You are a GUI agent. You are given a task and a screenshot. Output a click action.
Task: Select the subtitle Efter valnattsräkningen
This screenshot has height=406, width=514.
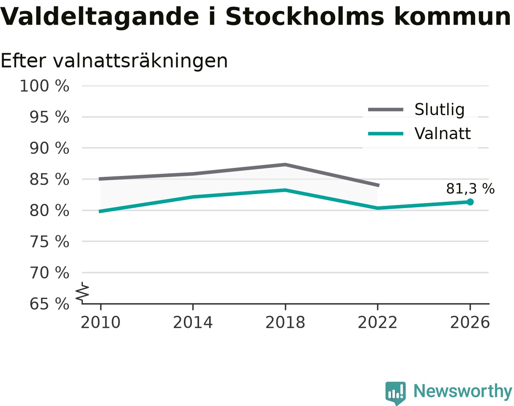(x=114, y=61)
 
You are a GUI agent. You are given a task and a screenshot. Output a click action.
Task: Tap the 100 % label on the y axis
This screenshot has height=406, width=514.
(x=45, y=86)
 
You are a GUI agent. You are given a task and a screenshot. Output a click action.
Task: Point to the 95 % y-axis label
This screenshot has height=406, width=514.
(x=49, y=117)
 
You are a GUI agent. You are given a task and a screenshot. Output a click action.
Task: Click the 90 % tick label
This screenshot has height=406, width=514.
(x=49, y=148)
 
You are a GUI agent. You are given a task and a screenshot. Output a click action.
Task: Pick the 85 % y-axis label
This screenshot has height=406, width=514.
(x=49, y=179)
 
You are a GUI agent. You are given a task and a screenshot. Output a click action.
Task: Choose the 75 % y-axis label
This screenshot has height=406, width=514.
(x=49, y=242)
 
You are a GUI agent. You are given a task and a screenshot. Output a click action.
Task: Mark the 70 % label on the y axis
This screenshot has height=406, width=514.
(x=49, y=273)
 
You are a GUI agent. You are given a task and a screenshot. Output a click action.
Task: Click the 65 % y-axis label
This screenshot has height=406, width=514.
(x=49, y=304)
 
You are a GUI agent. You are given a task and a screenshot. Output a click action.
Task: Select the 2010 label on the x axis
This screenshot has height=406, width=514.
(x=101, y=323)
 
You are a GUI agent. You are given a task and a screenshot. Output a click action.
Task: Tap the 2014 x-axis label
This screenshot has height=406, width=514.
(x=193, y=323)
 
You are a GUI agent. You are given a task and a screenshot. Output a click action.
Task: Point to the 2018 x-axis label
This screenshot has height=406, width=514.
(x=285, y=323)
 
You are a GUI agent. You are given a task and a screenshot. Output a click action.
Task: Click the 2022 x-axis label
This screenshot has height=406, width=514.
(x=377, y=323)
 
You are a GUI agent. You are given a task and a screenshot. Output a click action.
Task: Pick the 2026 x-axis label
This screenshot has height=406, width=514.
(x=470, y=323)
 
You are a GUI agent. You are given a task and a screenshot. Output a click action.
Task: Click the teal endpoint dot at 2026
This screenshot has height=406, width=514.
(x=470, y=202)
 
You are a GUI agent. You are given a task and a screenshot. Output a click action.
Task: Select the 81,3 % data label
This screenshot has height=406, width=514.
(x=470, y=189)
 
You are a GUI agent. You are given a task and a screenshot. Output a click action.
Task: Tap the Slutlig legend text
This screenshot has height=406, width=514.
(x=440, y=110)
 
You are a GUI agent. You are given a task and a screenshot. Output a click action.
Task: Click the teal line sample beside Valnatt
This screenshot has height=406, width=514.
(x=386, y=134)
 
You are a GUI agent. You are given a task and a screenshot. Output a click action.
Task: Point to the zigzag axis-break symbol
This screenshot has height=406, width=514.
(x=82, y=291)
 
